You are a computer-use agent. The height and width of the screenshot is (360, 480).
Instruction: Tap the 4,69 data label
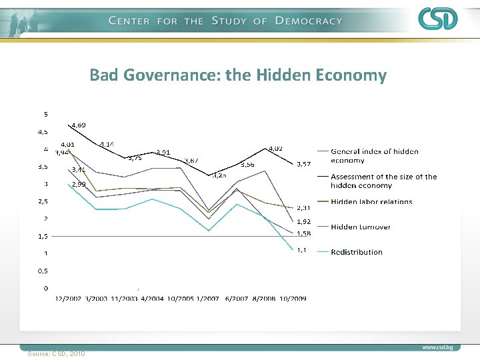(79, 125)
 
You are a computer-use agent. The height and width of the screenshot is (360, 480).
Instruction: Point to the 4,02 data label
(275, 148)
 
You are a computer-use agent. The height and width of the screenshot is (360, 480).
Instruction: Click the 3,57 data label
(304, 164)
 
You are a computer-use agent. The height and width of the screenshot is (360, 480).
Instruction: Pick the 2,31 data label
(304, 208)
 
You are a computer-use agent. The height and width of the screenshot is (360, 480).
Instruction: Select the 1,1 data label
(301, 250)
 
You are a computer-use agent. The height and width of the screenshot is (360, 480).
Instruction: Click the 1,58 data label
(304, 233)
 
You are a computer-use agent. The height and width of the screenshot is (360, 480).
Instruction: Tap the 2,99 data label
(79, 184)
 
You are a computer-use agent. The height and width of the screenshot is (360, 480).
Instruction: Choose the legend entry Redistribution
(357, 252)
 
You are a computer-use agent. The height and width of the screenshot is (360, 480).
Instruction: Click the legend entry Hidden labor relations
(371, 202)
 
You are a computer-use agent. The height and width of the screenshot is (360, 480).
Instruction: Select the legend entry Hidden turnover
(361, 227)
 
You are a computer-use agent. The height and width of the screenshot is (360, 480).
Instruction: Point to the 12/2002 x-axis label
(69, 299)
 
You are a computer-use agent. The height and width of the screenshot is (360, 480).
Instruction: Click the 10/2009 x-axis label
(293, 299)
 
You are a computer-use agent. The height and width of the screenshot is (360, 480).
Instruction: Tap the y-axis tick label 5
(45, 112)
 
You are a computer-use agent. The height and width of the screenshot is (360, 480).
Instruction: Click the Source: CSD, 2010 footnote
(57, 353)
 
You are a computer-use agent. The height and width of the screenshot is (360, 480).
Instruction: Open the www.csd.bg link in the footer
(438, 347)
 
